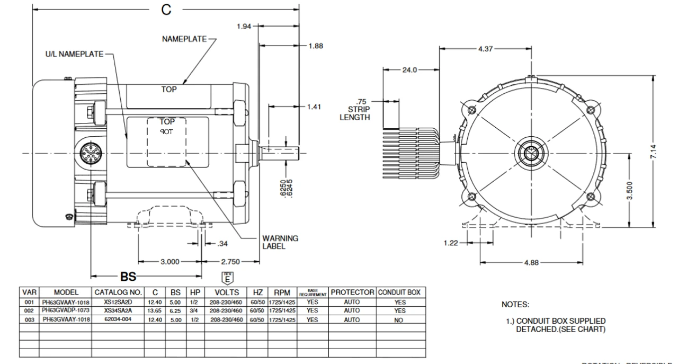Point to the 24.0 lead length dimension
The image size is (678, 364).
(410, 69)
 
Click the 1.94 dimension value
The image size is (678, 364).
(244, 26)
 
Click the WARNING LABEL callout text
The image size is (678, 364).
(280, 242)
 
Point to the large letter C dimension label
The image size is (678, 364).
(166, 11)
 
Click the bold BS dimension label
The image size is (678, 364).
(128, 276)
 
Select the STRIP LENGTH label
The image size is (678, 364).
(355, 113)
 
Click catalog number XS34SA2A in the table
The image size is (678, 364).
(118, 310)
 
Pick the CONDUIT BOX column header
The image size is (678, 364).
(399, 292)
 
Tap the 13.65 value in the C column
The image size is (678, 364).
(155, 310)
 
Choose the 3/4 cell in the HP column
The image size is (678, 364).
(194, 310)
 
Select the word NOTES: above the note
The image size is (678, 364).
(515, 305)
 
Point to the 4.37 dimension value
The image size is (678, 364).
(486, 49)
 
